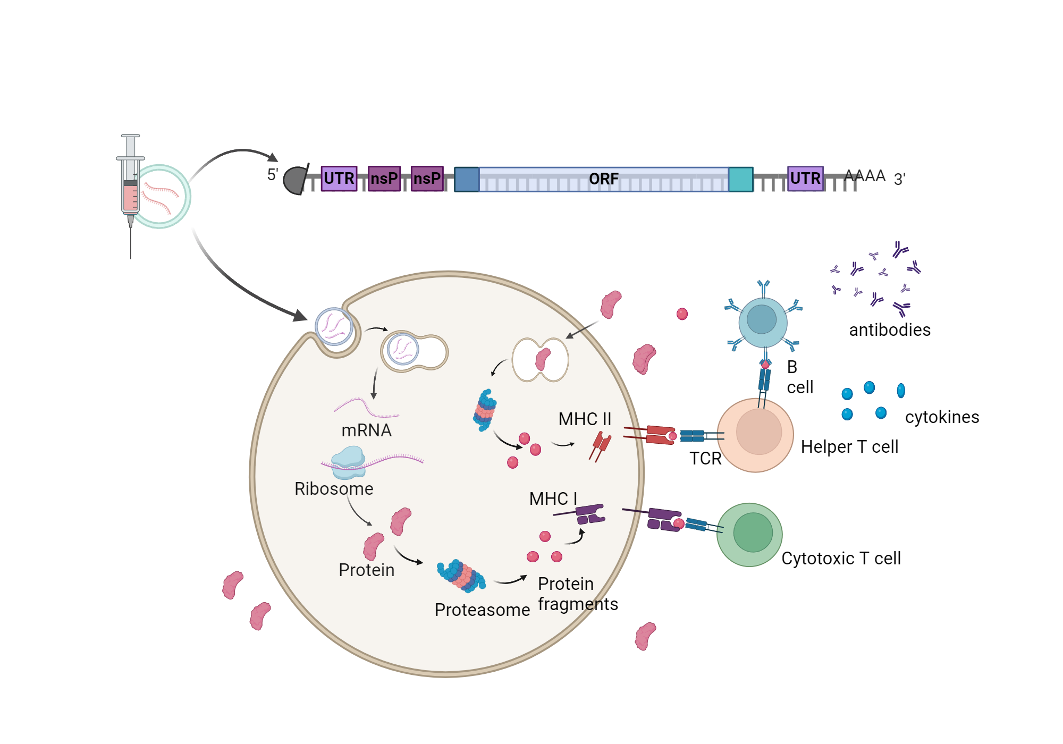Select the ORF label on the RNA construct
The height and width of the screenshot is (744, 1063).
pyautogui.click(x=603, y=179)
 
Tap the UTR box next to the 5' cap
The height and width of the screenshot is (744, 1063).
pyautogui.click(x=339, y=179)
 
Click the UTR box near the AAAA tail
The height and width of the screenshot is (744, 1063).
pyautogui.click(x=805, y=179)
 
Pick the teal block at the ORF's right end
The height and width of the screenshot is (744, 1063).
pyautogui.click(x=740, y=179)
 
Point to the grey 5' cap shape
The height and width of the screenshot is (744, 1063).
pyautogui.click(x=296, y=180)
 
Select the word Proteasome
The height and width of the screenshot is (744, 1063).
pyautogui.click(x=482, y=610)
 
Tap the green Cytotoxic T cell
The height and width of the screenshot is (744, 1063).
pyautogui.click(x=749, y=535)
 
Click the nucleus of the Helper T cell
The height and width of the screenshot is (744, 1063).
pyautogui.click(x=758, y=432)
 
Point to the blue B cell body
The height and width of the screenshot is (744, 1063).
pyautogui.click(x=763, y=322)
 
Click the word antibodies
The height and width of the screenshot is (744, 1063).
pyautogui.click(x=889, y=330)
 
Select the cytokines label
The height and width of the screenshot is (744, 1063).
pyautogui.click(x=941, y=417)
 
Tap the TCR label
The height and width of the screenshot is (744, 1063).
pyautogui.click(x=705, y=458)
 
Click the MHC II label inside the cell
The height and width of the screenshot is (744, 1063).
pyautogui.click(x=584, y=419)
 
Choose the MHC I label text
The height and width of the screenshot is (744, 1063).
pyautogui.click(x=553, y=498)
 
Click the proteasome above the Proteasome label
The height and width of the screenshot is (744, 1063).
pyautogui.click(x=461, y=576)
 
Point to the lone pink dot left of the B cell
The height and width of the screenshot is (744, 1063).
pyautogui.click(x=682, y=314)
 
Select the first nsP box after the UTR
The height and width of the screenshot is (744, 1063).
pyautogui.click(x=384, y=179)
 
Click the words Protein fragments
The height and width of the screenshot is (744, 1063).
pyautogui.click(x=577, y=594)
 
